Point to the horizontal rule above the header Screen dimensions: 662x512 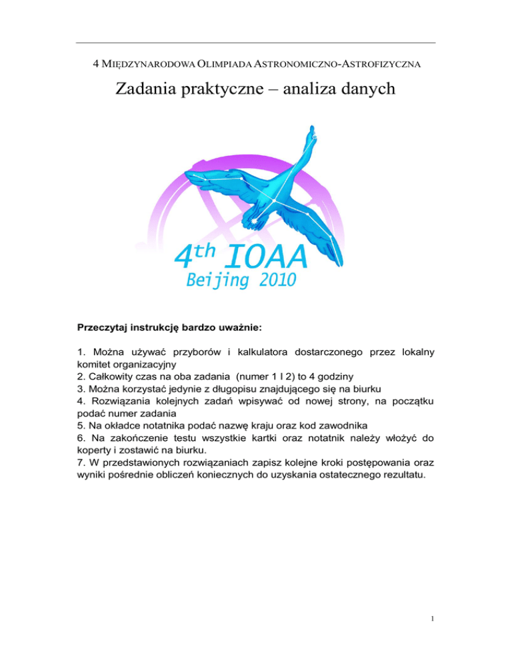(255, 43)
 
